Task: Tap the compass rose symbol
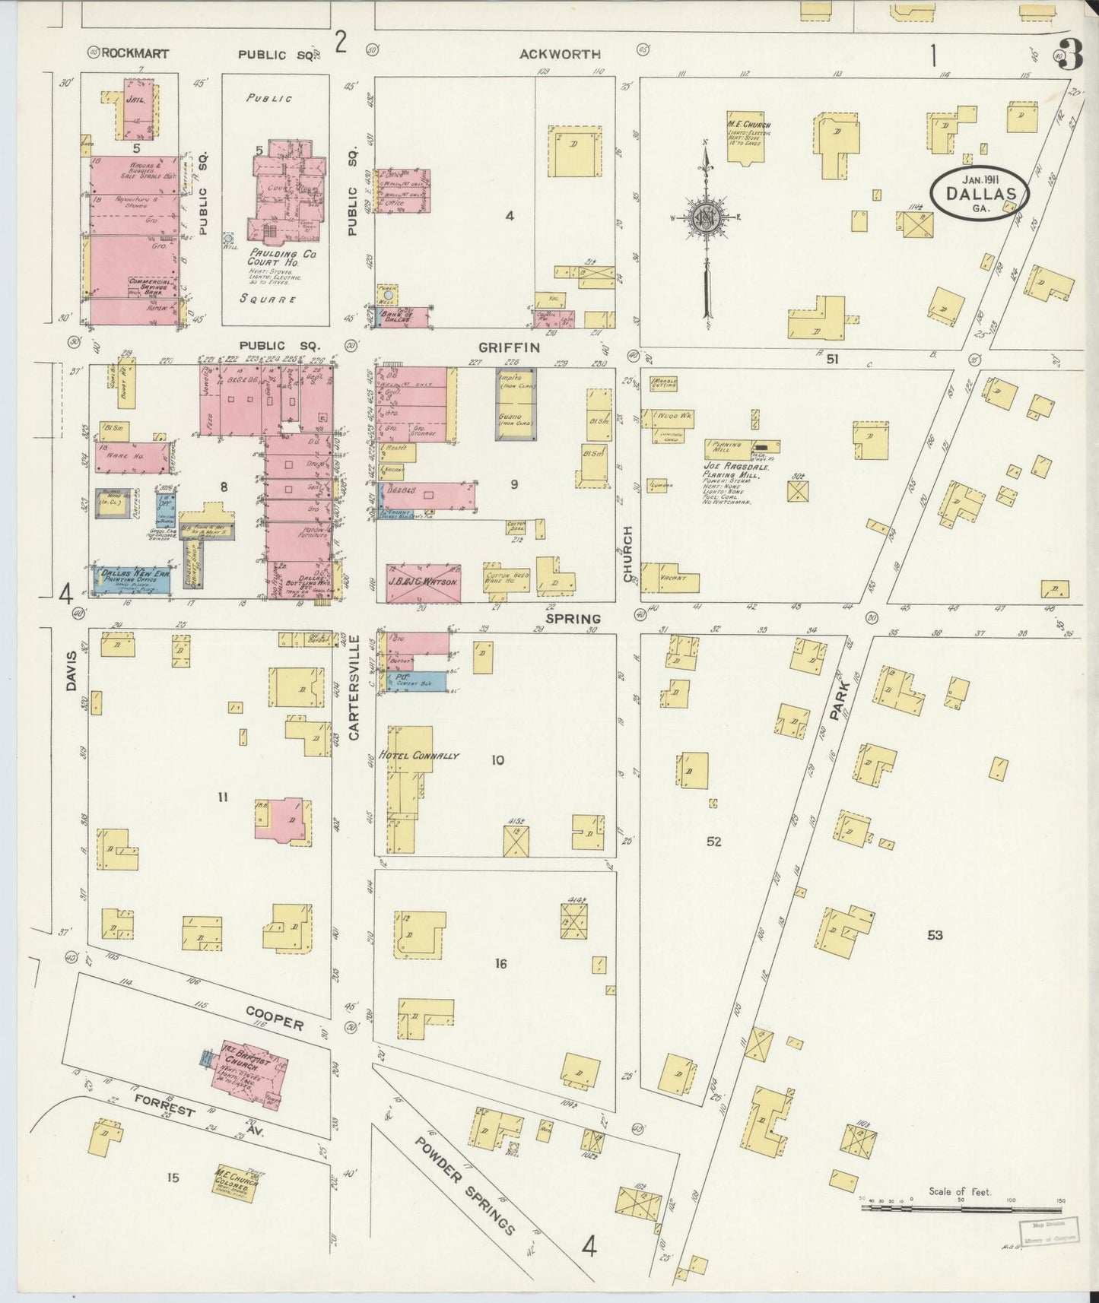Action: click(706, 218)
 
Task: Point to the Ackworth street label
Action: click(560, 54)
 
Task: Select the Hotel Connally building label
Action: click(420, 756)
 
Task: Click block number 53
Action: click(935, 934)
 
